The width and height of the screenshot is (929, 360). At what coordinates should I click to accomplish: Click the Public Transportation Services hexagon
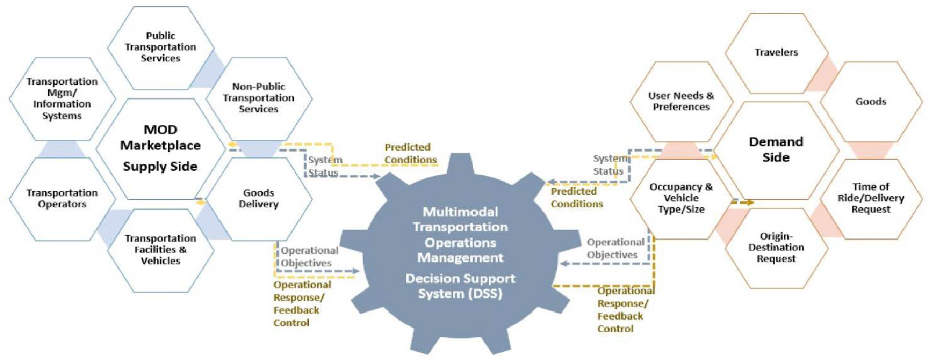(161, 47)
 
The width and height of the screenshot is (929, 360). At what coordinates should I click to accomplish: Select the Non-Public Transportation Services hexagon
(259, 98)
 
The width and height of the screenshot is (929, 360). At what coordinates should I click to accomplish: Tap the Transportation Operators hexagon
(62, 199)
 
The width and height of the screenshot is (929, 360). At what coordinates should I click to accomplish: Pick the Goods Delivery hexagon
(259, 199)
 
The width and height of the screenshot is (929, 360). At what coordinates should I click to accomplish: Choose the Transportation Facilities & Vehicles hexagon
(161, 250)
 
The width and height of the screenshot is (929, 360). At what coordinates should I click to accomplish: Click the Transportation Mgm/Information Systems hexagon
(62, 99)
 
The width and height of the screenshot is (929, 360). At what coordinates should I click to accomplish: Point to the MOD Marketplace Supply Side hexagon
(160, 148)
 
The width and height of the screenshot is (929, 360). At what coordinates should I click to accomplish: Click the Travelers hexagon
(776, 52)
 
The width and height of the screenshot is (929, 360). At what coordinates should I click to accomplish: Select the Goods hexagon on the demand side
(871, 102)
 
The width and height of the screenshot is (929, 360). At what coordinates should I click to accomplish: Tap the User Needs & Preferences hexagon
(681, 101)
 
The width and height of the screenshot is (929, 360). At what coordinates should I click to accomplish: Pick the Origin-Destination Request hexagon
(776, 247)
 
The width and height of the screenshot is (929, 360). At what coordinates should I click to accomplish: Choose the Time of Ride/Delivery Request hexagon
(871, 198)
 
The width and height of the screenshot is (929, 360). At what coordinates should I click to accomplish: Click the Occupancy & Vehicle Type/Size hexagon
(681, 198)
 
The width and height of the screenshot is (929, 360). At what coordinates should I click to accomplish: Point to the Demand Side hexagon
(776, 150)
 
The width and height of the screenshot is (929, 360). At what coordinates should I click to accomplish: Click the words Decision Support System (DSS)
(460, 286)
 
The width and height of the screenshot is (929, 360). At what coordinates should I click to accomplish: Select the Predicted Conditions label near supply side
(411, 154)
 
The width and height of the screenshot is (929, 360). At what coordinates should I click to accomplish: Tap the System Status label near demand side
(609, 165)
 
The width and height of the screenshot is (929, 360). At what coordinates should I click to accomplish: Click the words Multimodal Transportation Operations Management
(460, 235)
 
